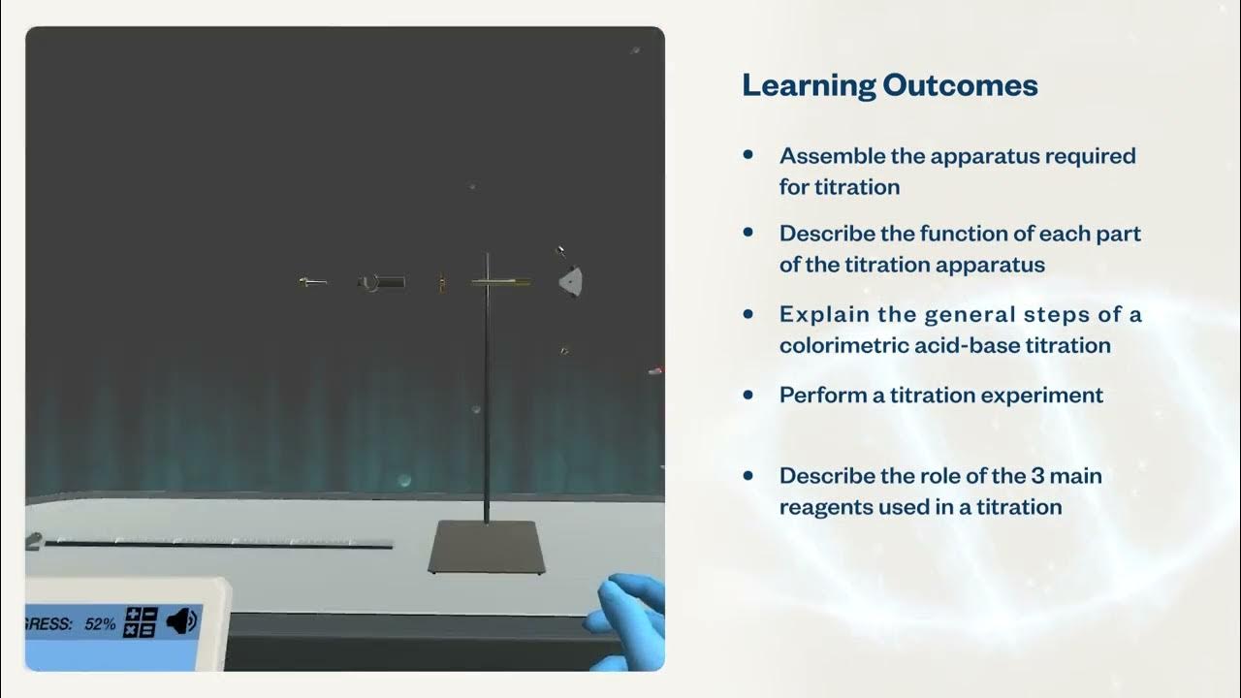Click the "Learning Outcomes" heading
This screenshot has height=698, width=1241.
[x=889, y=85]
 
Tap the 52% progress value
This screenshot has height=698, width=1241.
[x=100, y=624]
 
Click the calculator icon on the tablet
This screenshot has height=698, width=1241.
[x=142, y=622]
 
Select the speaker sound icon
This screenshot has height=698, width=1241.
[x=181, y=621]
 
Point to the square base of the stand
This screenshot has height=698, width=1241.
[x=487, y=547]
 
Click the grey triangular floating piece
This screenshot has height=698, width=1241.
[x=572, y=281]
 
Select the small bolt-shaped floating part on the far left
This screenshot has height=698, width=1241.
[x=311, y=282]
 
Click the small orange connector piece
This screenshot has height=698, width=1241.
[x=440, y=282]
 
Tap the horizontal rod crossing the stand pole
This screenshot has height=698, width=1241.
[x=500, y=282]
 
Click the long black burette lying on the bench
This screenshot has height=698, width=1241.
[x=218, y=545]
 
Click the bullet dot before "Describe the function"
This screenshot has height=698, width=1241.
[x=748, y=233]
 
